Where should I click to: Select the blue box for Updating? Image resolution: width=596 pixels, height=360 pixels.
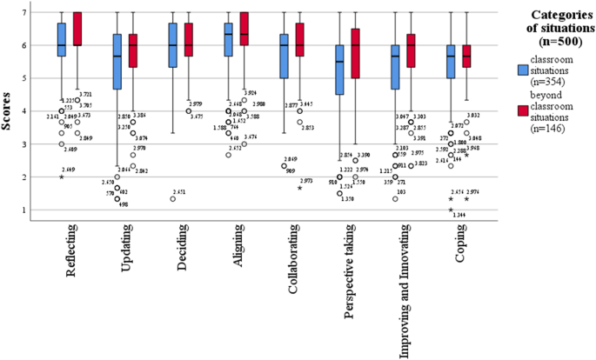[117, 61]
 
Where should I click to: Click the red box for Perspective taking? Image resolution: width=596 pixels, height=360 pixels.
[353, 53]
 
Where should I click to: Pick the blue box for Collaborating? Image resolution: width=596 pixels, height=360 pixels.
[284, 56]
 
